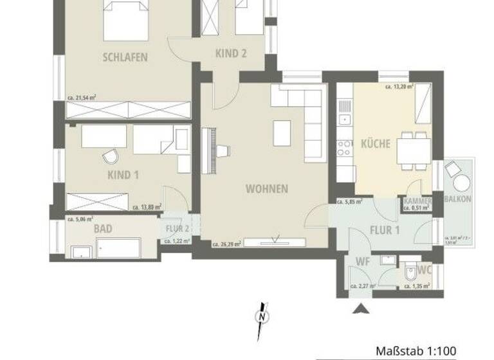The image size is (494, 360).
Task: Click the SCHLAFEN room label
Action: coord(125,57)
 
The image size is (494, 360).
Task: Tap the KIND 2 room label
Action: coord(232,55)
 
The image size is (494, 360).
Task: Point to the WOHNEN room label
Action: coord(266,189)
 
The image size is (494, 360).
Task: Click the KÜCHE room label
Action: coord(375,143)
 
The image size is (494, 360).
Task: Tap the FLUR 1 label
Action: coord(385,231)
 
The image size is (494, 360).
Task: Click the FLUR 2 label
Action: coord(177,228)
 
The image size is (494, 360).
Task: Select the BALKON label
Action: coord(458,199)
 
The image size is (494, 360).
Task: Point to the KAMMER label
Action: coord(417,201)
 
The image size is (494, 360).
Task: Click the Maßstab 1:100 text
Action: coord(416,351)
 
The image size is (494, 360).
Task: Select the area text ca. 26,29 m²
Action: coord(227,244)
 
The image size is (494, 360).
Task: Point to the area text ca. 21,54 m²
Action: coord(82,98)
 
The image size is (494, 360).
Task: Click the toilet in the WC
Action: coord(410,273)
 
